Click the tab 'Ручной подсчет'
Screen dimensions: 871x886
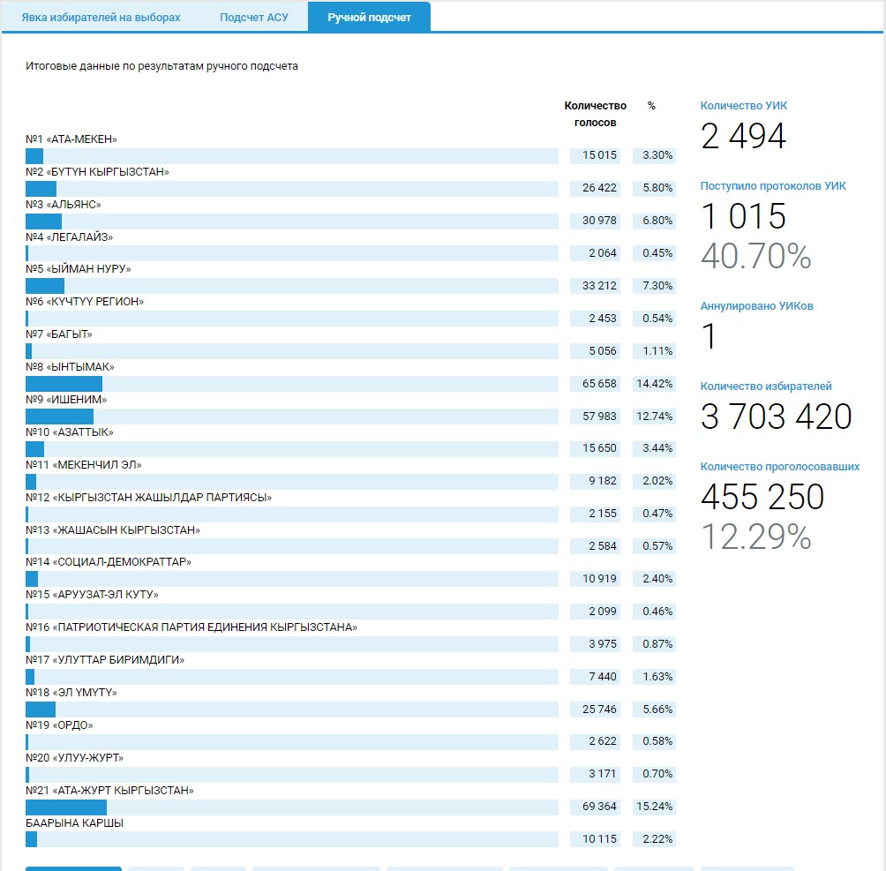(x=369, y=18)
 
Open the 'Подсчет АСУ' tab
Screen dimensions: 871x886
(x=254, y=18)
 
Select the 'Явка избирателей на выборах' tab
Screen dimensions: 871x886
(x=101, y=18)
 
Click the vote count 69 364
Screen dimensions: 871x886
(x=599, y=807)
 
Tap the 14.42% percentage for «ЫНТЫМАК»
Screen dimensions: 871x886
(x=654, y=384)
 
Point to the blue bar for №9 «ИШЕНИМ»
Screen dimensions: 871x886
(x=59, y=417)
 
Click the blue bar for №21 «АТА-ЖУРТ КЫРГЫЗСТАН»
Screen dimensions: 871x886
(x=66, y=807)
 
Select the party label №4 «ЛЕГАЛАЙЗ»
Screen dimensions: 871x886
(x=70, y=237)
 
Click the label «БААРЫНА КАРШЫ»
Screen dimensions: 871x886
(x=75, y=822)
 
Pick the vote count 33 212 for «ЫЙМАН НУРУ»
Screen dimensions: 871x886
(x=599, y=286)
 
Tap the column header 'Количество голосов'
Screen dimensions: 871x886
(x=595, y=114)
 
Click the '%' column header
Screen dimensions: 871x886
(x=651, y=106)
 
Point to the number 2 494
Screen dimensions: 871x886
(x=743, y=136)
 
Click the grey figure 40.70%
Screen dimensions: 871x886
(x=755, y=256)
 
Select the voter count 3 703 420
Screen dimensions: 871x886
(x=776, y=417)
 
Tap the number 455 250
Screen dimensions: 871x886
(x=762, y=497)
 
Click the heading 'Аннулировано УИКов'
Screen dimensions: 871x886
(x=756, y=306)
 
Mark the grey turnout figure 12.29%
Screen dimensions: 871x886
(x=755, y=537)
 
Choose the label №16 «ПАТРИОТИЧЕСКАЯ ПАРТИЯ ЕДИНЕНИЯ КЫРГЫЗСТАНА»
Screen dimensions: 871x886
(x=191, y=627)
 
